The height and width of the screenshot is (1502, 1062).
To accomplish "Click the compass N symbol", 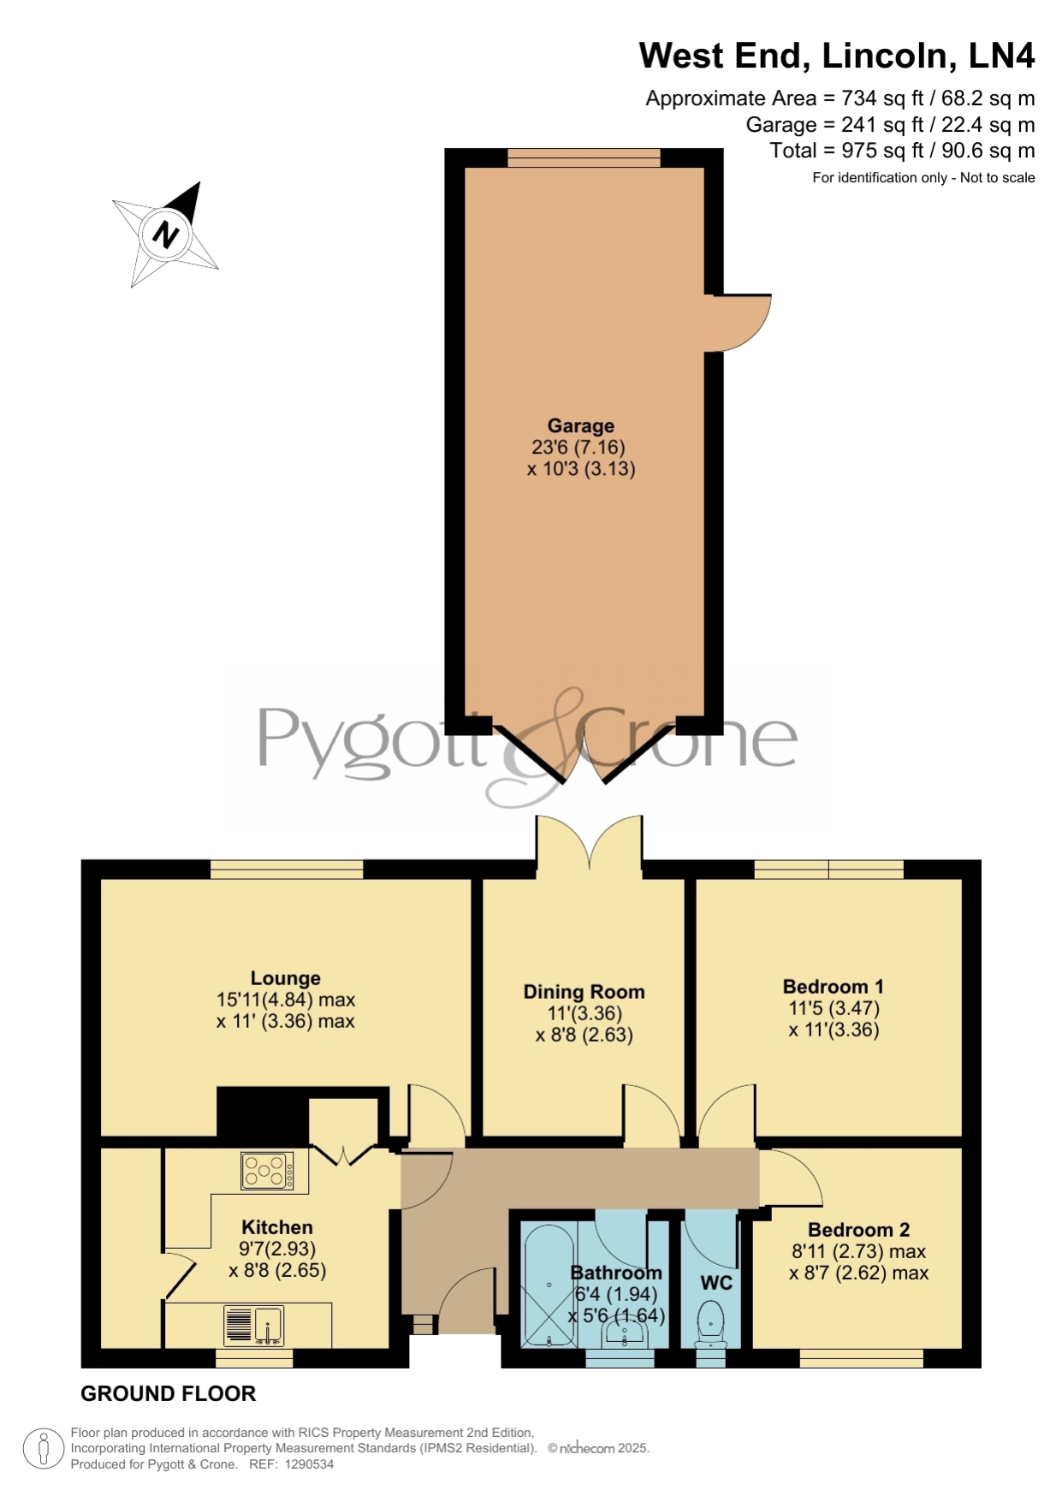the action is click(166, 234).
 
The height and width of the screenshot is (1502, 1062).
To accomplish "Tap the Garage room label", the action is click(581, 425).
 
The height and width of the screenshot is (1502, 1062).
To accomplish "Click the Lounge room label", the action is click(286, 978).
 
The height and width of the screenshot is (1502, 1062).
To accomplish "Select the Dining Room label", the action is click(584, 992).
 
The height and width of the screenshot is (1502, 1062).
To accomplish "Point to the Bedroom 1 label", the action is click(834, 987).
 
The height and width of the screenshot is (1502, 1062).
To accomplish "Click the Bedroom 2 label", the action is click(858, 1230).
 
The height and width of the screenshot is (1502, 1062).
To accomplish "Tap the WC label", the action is click(716, 1283).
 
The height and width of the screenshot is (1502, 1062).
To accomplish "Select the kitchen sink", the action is click(253, 1326).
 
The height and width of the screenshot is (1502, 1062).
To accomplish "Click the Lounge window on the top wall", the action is click(287, 870).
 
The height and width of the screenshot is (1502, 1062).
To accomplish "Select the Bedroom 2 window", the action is click(862, 1358).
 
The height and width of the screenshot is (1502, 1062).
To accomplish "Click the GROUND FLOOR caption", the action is click(169, 1394).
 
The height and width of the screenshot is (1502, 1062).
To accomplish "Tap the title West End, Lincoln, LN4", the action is click(837, 56).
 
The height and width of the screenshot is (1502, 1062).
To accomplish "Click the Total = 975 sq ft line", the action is click(903, 151).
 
